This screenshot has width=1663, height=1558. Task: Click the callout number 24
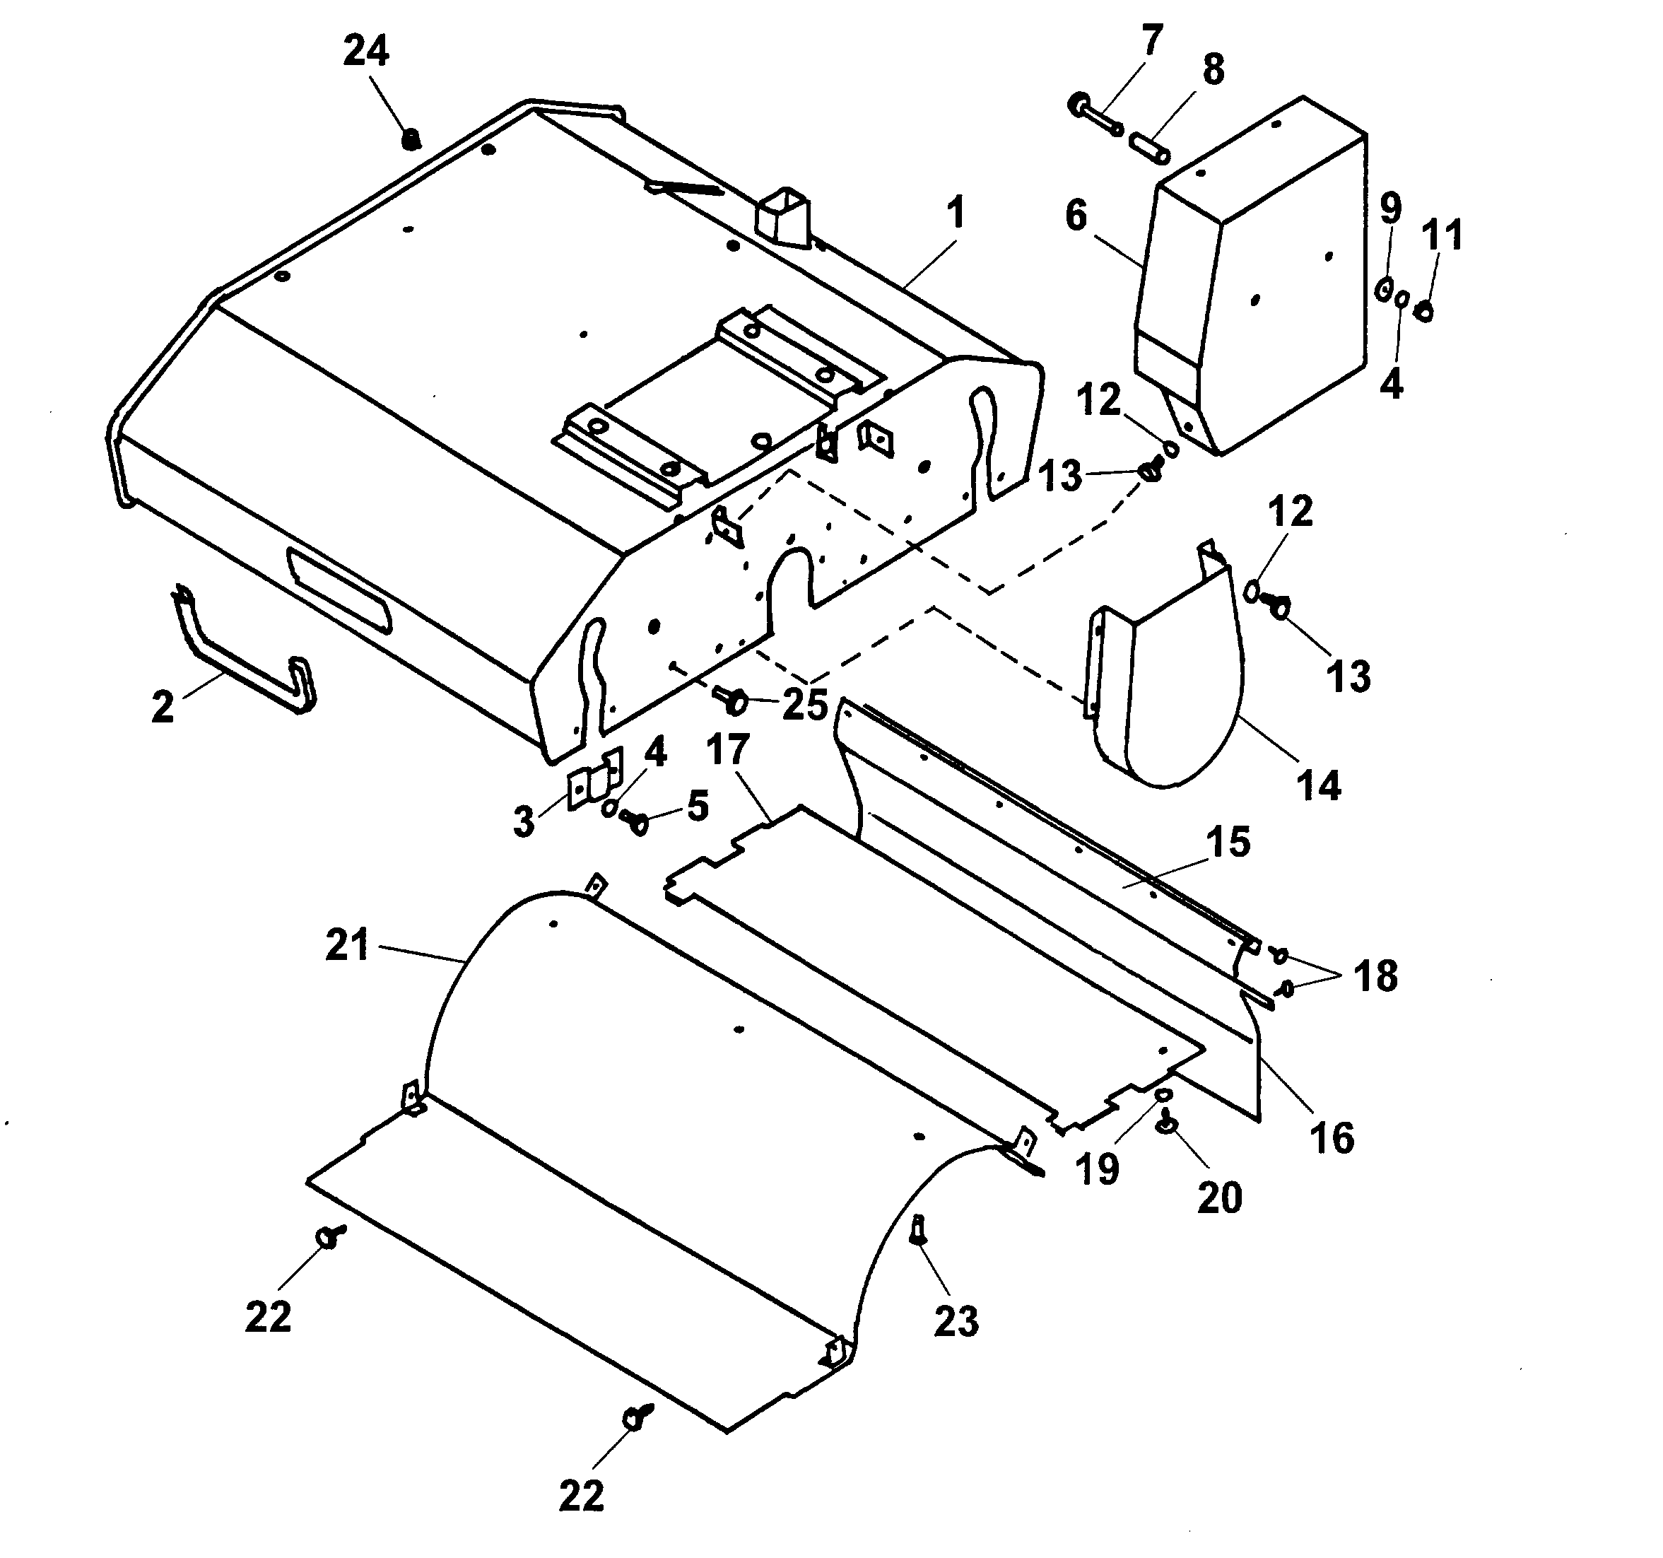[366, 52]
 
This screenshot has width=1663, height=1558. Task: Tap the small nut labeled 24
[410, 140]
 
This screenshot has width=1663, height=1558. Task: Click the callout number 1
[956, 213]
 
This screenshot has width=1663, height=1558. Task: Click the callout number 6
[1076, 215]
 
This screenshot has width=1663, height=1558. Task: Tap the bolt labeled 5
[634, 821]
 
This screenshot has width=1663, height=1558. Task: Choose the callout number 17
[727, 750]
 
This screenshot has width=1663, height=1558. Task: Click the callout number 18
[1375, 976]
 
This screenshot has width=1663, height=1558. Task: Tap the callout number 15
[1229, 842]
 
